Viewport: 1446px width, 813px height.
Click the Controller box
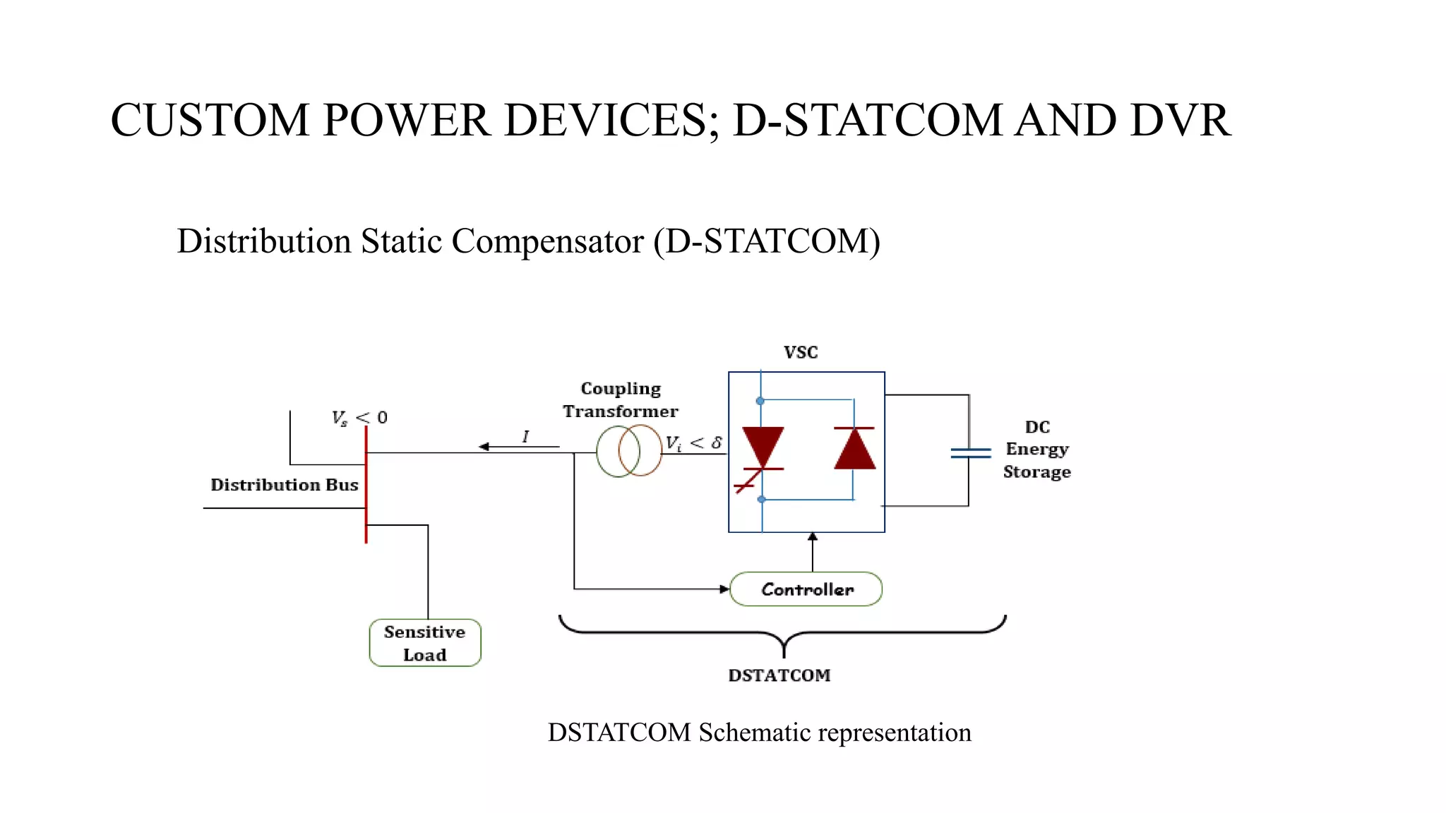[x=806, y=589]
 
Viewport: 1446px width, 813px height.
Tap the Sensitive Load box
[x=425, y=643]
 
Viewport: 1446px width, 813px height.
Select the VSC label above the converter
[x=801, y=352]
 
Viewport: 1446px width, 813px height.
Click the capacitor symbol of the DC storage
[x=970, y=453]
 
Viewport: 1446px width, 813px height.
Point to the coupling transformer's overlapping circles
[x=629, y=451]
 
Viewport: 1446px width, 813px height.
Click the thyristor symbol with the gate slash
[x=763, y=452]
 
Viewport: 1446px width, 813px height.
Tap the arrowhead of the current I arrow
[x=484, y=447]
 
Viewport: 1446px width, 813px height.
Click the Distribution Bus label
[x=285, y=485]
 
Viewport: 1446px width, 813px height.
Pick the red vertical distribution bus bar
[x=366, y=487]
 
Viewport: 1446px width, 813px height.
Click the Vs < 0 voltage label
[x=359, y=418]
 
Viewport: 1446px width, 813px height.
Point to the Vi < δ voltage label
[x=693, y=443]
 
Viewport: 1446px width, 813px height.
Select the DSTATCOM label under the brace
[x=779, y=675]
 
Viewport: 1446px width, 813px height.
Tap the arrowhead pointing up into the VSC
[x=813, y=537]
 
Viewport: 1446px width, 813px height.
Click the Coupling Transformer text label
[x=621, y=400]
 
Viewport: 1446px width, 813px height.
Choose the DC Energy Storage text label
[x=1036, y=450]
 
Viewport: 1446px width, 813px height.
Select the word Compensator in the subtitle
[x=547, y=241]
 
